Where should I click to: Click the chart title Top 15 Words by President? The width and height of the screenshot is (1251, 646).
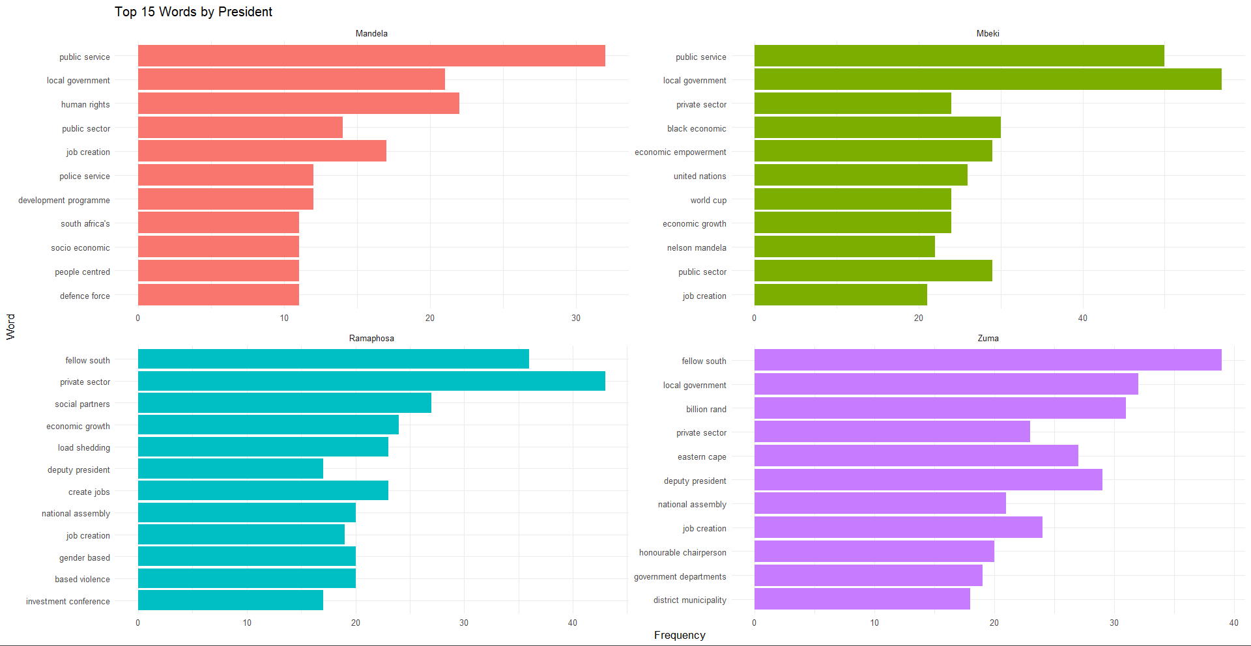coord(194,12)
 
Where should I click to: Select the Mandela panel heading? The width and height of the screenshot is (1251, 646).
coord(371,33)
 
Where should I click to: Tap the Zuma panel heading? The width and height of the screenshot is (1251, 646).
coord(988,338)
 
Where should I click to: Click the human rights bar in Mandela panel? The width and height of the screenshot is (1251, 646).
coord(298,104)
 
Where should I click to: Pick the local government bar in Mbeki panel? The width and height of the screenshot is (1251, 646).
coord(987,79)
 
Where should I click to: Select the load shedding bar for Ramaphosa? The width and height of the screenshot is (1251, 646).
coord(263,447)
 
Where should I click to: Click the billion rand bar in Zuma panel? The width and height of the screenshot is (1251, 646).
coord(940,408)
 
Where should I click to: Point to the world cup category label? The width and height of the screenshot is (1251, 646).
coord(708,200)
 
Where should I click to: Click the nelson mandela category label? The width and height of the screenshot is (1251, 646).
coord(696,247)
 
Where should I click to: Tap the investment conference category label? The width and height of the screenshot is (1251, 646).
coord(68,601)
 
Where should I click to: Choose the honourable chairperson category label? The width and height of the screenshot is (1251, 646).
coord(682,552)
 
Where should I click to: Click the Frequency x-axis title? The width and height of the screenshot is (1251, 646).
coord(680,635)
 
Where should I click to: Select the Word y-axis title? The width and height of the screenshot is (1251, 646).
coord(10,326)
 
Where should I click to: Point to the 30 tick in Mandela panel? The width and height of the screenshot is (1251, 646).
coord(576,318)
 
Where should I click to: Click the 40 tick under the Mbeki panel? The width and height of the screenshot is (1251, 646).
coord(1082,318)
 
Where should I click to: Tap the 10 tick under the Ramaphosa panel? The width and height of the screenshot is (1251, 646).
coord(247,623)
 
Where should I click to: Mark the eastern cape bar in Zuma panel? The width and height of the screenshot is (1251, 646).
coord(915,456)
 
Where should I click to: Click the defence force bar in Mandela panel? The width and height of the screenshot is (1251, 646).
coord(218,295)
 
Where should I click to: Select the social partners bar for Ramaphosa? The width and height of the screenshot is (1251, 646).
coord(284,403)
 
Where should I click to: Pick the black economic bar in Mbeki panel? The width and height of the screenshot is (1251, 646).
coord(877,128)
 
